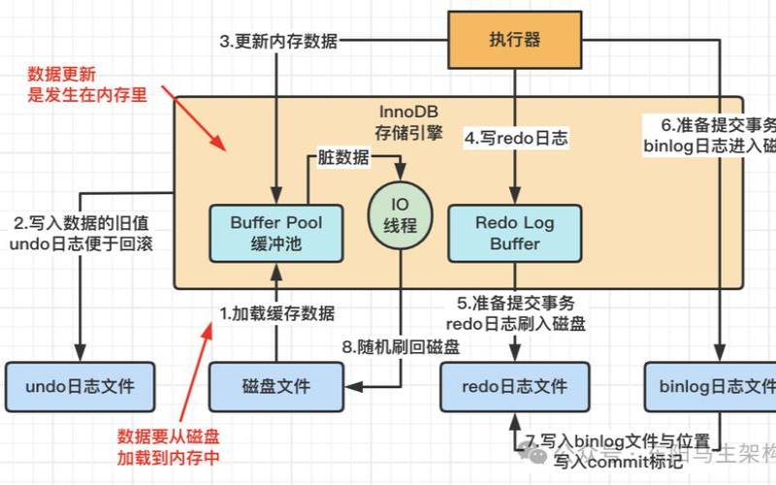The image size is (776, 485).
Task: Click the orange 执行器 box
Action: click(514, 40)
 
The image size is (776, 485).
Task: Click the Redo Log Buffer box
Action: click(514, 233)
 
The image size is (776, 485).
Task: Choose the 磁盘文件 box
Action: click(275, 386)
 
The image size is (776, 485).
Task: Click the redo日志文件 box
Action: click(516, 386)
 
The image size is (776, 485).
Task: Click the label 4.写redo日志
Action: click(515, 139)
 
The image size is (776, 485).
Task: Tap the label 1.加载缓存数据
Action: click(277, 313)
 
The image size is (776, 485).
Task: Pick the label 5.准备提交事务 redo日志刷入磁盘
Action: click(515, 313)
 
